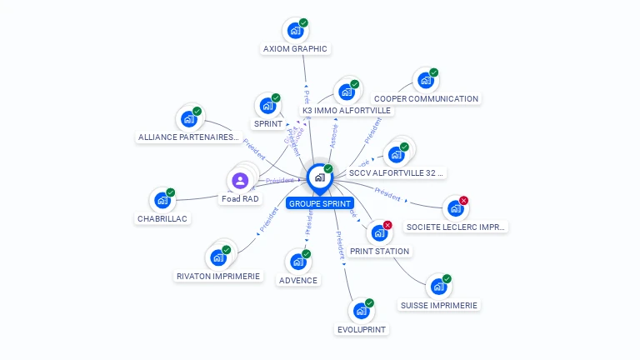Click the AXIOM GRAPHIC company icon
294,31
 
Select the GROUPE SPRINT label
320,203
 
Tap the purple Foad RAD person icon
240,180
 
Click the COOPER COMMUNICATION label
426,98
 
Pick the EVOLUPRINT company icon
361,311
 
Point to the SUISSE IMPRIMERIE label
438,305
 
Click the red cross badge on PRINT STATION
387,225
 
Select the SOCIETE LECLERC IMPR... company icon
455,208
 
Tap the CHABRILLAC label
163,218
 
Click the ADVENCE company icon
297,262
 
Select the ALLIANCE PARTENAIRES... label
188,137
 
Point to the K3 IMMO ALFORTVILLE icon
345,92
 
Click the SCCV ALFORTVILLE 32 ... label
397,173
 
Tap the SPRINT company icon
267,106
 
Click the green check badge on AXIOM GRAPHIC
303,22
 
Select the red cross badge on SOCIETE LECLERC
464,200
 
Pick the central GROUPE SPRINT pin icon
319,177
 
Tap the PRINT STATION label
379,251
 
